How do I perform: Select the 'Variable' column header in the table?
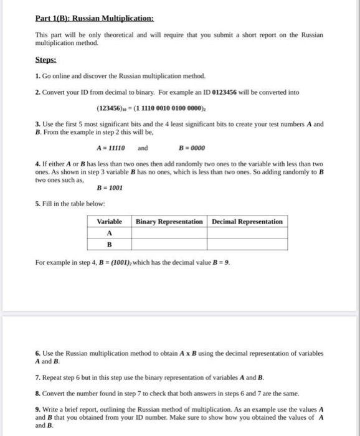[110, 222]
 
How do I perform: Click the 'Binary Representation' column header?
[169, 222]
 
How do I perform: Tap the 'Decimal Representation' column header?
[247, 222]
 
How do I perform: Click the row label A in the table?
[110, 233]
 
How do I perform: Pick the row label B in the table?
[110, 244]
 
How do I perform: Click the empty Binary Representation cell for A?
[169, 233]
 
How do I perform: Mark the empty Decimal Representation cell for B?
[247, 244]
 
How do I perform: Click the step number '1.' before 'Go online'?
[38, 75]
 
